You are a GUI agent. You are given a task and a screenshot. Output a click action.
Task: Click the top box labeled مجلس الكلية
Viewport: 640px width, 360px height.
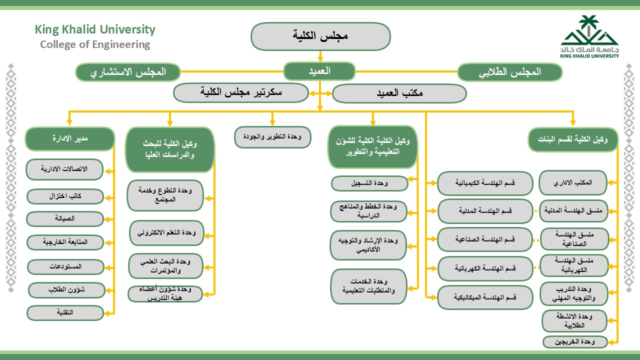(320, 36)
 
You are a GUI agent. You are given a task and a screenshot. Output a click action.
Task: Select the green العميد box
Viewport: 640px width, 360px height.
(319, 71)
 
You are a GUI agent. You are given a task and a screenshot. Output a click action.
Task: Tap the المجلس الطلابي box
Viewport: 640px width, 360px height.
(509, 72)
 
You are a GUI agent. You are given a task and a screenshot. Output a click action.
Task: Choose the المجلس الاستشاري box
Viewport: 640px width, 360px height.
(128, 72)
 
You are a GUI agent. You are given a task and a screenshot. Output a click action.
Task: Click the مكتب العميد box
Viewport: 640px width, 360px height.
(399, 93)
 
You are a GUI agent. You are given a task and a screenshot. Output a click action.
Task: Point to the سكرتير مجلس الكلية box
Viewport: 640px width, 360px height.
(241, 92)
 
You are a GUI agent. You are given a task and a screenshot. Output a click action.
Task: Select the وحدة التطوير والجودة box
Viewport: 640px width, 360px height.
(272, 137)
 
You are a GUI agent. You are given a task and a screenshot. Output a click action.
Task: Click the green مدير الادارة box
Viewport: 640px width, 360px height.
(70, 138)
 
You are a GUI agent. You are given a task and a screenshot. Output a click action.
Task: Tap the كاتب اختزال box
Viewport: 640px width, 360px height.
(65, 196)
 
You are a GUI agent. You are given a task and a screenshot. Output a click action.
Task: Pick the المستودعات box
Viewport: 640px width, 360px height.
(65, 266)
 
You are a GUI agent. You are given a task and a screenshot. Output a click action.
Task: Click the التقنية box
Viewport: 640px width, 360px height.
(65, 313)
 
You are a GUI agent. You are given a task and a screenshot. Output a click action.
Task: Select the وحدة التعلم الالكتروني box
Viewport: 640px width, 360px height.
(166, 233)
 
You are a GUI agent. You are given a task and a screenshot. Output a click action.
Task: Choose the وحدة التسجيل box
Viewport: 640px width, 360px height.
(369, 183)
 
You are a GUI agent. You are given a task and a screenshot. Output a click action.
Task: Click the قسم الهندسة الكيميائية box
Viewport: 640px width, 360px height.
(485, 183)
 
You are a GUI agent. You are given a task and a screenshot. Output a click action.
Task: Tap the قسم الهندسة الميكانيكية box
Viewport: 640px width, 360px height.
(485, 297)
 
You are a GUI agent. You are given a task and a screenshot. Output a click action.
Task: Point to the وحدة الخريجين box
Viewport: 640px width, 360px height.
(574, 342)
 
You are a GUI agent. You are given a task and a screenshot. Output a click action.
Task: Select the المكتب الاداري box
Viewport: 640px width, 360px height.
(573, 183)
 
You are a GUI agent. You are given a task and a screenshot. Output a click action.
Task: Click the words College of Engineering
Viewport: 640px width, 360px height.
(95, 44)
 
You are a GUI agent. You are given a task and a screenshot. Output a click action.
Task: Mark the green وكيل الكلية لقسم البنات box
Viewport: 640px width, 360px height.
(573, 139)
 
